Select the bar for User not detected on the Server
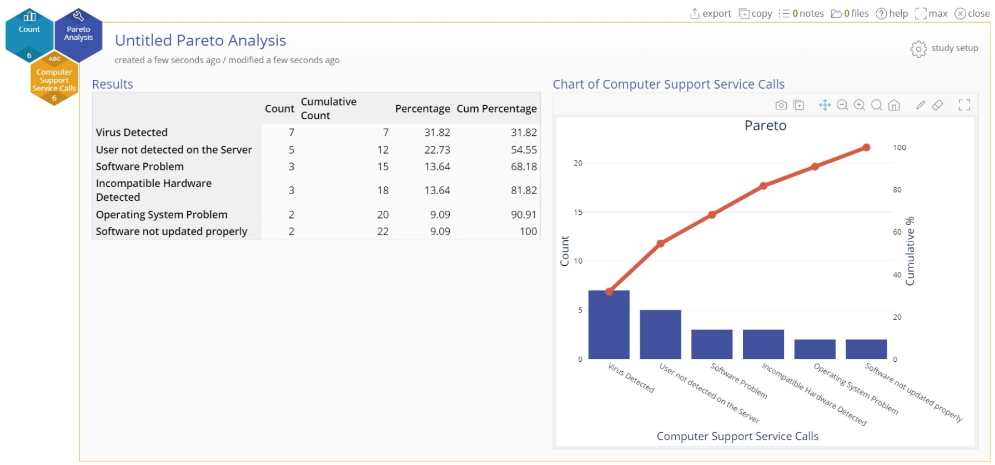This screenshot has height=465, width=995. tap(660, 335)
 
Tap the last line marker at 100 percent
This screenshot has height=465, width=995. tap(866, 148)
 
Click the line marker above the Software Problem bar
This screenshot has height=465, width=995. tap(712, 215)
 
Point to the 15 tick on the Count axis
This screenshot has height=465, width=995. tap(578, 212)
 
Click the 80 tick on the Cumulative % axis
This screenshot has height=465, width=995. tap(897, 190)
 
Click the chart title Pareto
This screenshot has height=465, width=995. tap(765, 125)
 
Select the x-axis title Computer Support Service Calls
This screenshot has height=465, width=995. tap(737, 436)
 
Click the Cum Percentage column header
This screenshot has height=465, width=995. tap(496, 109)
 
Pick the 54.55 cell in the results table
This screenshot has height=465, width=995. tap(524, 150)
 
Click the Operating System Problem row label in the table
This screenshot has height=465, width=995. tap(162, 215)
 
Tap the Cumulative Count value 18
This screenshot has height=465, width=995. tap(383, 190)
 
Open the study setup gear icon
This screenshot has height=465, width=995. tap(918, 49)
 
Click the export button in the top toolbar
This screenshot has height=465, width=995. tap(711, 13)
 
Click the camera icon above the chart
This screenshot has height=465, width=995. tap(781, 105)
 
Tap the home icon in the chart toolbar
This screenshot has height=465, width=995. tap(894, 105)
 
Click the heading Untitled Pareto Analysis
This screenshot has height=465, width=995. tap(200, 41)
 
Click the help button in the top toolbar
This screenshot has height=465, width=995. tap(892, 13)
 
